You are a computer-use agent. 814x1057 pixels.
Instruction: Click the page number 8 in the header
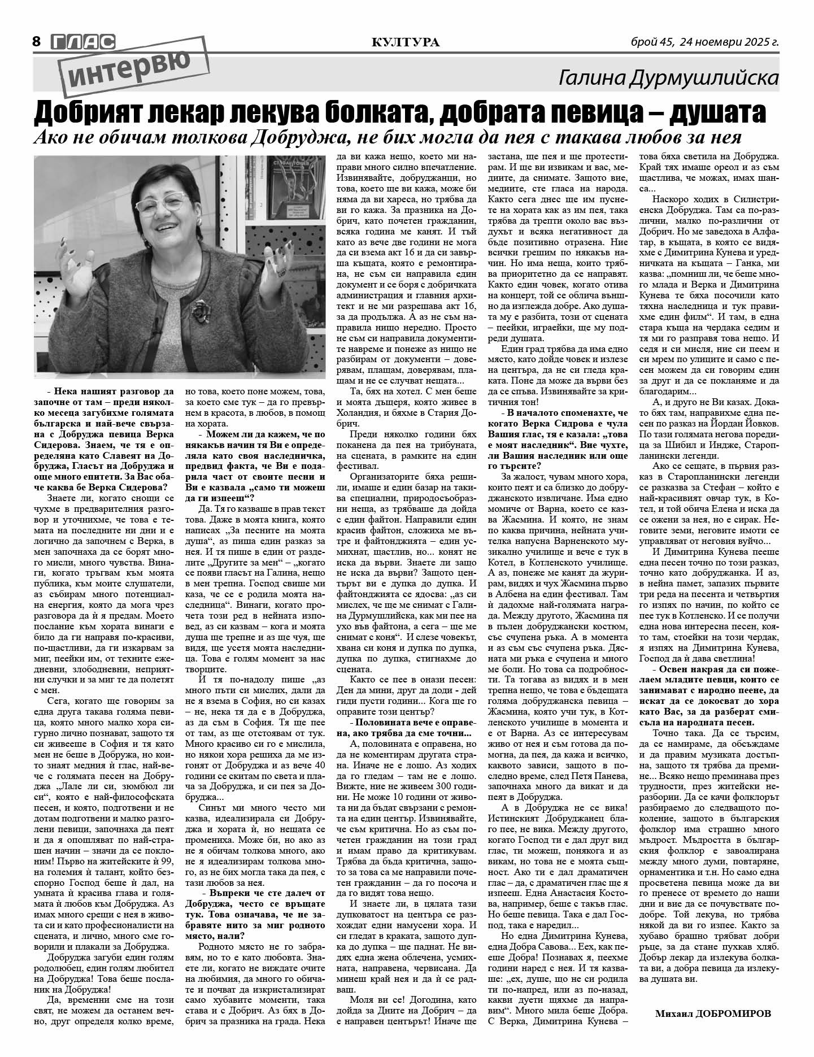[x=37, y=41]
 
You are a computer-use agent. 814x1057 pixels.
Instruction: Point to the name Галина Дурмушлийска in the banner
[x=668, y=79]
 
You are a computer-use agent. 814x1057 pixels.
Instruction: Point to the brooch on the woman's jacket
[x=201, y=308]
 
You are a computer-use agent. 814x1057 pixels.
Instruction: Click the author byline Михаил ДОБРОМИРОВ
[x=712, y=1013]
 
